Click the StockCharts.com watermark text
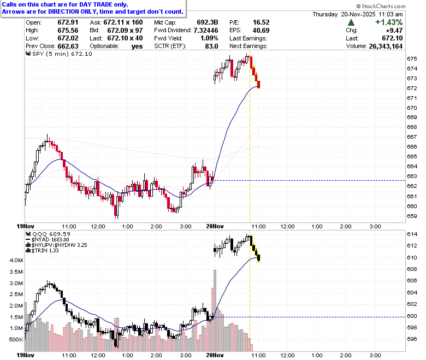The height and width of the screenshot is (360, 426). [381, 6]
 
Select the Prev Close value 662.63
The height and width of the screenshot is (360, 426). [68, 46]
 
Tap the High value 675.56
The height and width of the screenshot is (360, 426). [68, 31]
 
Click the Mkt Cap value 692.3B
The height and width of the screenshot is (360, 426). [208, 22]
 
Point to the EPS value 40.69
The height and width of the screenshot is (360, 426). [261, 31]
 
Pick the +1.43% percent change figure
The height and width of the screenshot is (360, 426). [389, 22]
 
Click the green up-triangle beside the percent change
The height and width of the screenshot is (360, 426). [351, 22]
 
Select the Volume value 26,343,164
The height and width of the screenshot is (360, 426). [386, 46]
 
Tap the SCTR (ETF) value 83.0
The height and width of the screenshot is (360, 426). [212, 46]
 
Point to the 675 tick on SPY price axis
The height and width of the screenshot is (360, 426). [412, 58]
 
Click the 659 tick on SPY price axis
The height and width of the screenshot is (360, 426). [412, 216]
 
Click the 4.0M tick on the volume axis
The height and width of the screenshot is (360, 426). [16, 260]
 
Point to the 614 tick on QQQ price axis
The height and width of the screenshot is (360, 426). [412, 234]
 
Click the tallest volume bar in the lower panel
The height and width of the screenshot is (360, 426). [215, 310]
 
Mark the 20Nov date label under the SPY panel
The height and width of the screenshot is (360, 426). [215, 226]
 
